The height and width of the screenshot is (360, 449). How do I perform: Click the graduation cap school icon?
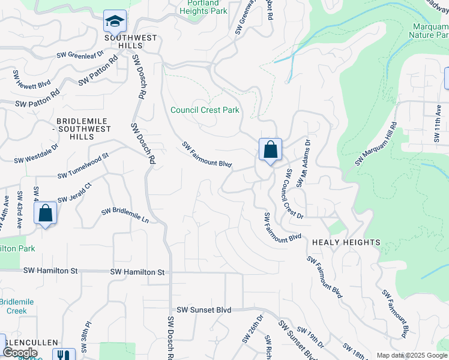pyautogui.click(x=115, y=21)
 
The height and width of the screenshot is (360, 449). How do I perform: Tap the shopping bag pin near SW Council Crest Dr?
pyautogui.click(x=270, y=149)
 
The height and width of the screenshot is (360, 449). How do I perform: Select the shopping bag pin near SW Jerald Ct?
pyautogui.click(x=46, y=213)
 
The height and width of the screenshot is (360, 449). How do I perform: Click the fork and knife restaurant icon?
pyautogui.click(x=63, y=355)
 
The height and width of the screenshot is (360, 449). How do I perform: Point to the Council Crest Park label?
pyautogui.click(x=205, y=110)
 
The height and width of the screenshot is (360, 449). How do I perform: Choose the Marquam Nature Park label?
pyautogui.click(x=430, y=31)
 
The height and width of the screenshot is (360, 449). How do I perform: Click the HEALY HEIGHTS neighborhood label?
pyautogui.click(x=346, y=242)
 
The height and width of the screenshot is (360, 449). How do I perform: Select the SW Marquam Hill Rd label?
pyautogui.click(x=376, y=144)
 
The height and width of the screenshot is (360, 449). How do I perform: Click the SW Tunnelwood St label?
pyautogui.click(x=83, y=166)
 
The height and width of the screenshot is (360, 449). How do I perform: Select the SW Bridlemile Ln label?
pyautogui.click(x=125, y=215)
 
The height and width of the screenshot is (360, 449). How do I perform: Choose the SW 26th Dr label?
pyautogui.click(x=253, y=329)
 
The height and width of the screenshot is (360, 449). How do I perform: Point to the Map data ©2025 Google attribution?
pyautogui.click(x=411, y=355)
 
